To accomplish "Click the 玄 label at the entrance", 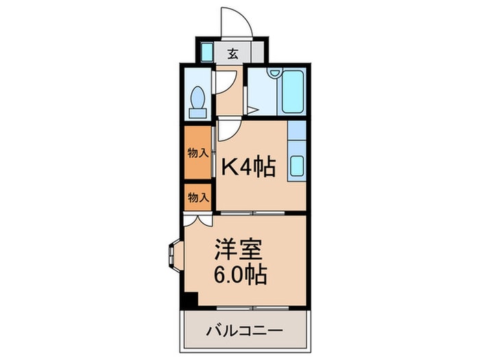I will pos(232,54).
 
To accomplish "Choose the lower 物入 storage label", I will pos(197,197).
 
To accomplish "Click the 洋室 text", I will pos(234,247).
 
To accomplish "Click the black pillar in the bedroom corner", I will pos(189,300).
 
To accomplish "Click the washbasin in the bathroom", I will pos(274,73).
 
